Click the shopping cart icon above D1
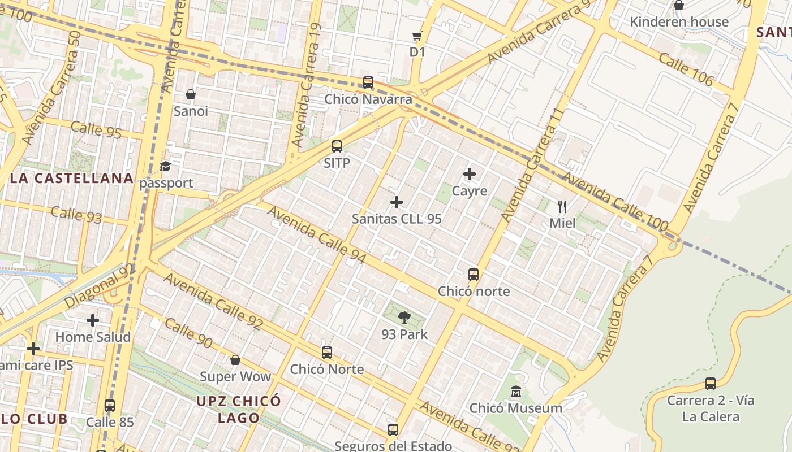click(x=417, y=36)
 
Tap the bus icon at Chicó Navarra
click(x=368, y=82)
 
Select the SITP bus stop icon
click(x=337, y=146)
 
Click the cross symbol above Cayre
click(x=470, y=174)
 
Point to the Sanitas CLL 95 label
click(x=397, y=219)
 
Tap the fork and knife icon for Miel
click(x=562, y=206)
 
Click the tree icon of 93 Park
click(x=404, y=318)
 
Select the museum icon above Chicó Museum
click(x=516, y=391)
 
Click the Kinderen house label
click(x=679, y=22)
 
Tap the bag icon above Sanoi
click(x=191, y=94)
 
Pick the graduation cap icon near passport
click(x=165, y=166)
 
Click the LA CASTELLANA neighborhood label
click(x=72, y=179)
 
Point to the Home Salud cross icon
click(x=93, y=320)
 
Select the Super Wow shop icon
click(x=235, y=360)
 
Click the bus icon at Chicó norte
click(x=474, y=275)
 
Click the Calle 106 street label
click(x=686, y=71)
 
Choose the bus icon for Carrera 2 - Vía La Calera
click(x=711, y=384)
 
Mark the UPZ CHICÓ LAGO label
click(x=238, y=410)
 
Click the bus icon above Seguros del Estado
click(x=393, y=429)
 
